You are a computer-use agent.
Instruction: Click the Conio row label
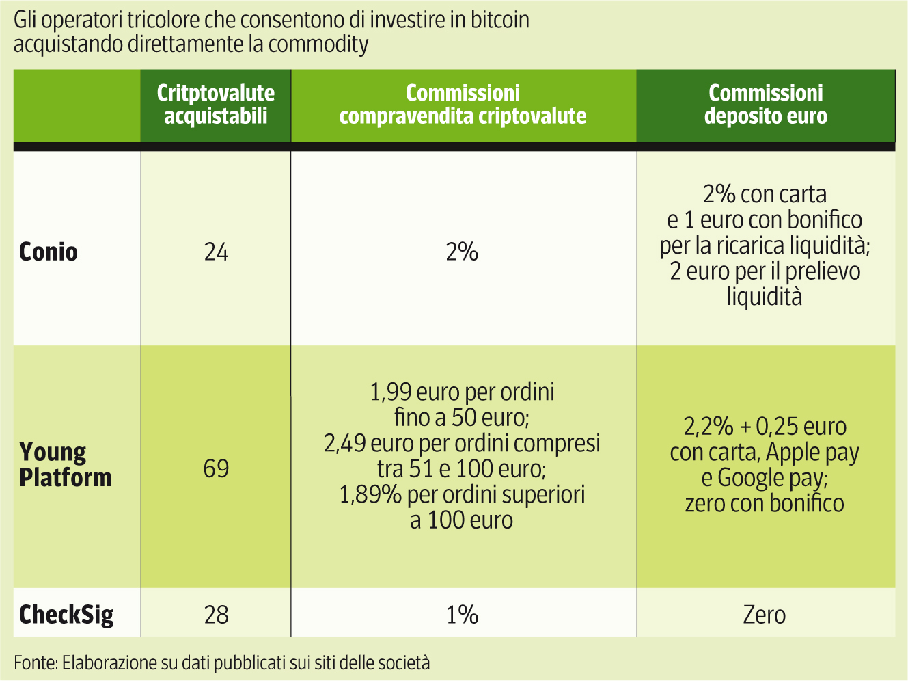[x=49, y=252]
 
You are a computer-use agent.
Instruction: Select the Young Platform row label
[x=66, y=465]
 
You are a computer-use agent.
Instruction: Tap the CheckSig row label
[x=66, y=614]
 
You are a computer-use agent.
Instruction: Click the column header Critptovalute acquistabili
[x=216, y=105]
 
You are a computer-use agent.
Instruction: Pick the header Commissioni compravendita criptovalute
[x=463, y=105]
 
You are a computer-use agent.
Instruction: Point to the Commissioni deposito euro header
[x=765, y=105]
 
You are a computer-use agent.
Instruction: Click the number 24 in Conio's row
[x=216, y=252]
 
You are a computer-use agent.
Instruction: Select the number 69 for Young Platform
[x=216, y=469]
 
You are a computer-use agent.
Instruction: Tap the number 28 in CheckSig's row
[x=216, y=615]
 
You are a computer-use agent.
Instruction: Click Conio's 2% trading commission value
[x=462, y=252]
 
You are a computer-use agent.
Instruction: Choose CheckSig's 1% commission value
[x=462, y=615]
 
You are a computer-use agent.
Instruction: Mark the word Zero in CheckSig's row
[x=764, y=615]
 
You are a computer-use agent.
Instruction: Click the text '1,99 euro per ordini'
[x=462, y=392]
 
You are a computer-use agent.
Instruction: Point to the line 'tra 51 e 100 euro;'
[x=462, y=469]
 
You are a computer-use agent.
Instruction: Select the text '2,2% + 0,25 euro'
[x=765, y=427]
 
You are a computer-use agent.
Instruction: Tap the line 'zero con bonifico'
[x=765, y=504]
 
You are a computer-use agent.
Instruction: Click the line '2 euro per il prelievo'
[x=765, y=271]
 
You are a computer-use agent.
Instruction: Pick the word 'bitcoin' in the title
[x=500, y=20]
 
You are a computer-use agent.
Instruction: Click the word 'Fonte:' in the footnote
[x=36, y=663]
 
